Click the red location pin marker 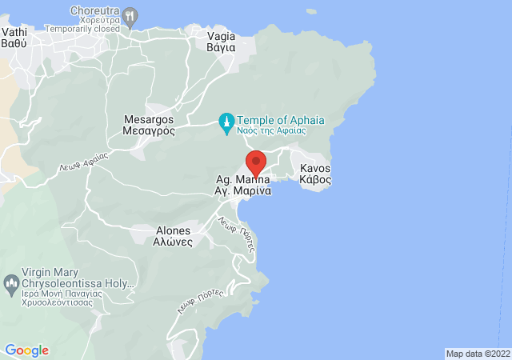click(x=255, y=161)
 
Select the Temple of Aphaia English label click(x=282, y=119)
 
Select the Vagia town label click(x=221, y=36)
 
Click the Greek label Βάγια click(x=221, y=48)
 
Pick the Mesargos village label click(x=149, y=118)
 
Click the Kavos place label click(x=314, y=169)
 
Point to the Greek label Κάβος click(x=314, y=181)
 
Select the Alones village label click(x=173, y=230)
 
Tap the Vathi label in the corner click(x=15, y=31)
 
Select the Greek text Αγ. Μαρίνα click(x=245, y=193)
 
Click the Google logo click(x=26, y=350)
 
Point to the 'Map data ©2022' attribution click(x=477, y=354)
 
